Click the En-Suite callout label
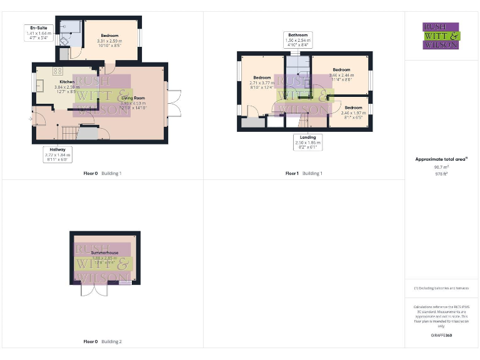[x=38, y=32]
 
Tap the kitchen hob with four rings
[x=57, y=71]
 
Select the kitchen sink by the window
[x=39, y=84]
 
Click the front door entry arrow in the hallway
[x=31, y=118]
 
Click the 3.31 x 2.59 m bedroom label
[x=109, y=41]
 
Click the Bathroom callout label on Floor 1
[x=299, y=39]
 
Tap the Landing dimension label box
[x=307, y=142]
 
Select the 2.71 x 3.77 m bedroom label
[x=262, y=82]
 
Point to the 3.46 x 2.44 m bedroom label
[x=341, y=74]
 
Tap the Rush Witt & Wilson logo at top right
[x=441, y=36]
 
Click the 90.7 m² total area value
[x=442, y=168]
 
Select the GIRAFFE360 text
[x=441, y=336]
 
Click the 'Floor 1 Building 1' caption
[x=303, y=173]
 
